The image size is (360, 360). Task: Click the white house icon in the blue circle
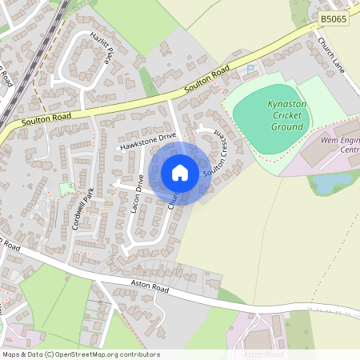click(x=180, y=173)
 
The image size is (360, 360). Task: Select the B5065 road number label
click(x=334, y=17)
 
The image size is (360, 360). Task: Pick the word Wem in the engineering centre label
click(x=330, y=141)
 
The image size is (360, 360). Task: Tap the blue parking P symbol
click(x=250, y=70)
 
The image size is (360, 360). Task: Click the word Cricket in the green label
click(x=287, y=115)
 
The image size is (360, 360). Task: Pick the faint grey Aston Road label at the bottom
click(x=263, y=354)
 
